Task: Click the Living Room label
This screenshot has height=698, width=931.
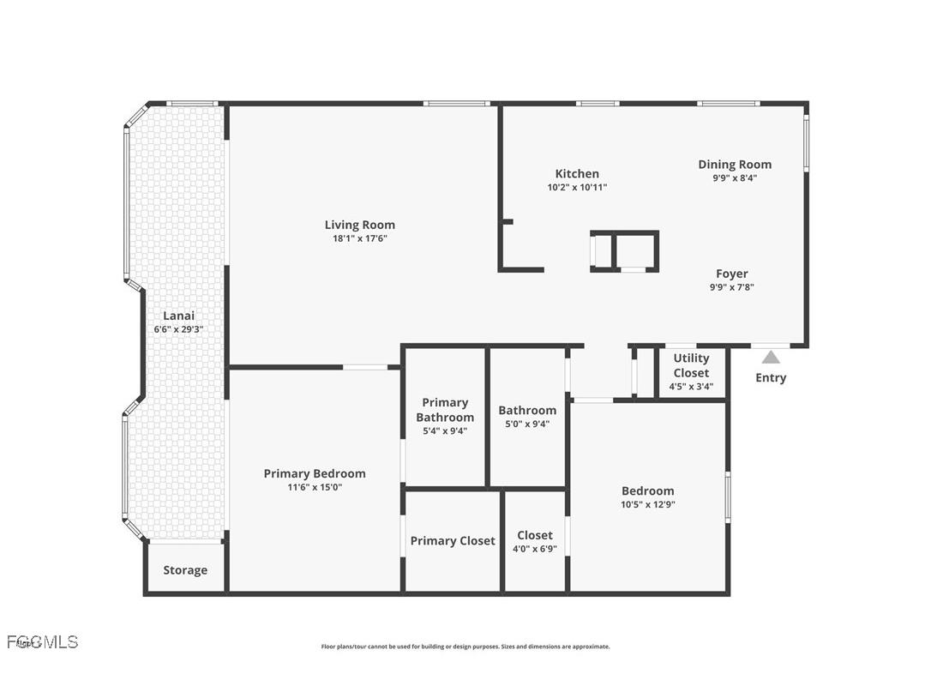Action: (x=359, y=225)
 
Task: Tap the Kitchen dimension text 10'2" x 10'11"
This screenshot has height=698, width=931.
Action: (x=577, y=187)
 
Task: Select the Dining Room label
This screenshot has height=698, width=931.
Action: (x=734, y=164)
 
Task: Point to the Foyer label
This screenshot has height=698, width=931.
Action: (x=731, y=274)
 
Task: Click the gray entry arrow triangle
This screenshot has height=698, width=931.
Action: (x=771, y=357)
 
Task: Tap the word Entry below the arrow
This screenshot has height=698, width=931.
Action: (x=770, y=377)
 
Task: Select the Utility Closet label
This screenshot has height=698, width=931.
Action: (x=691, y=365)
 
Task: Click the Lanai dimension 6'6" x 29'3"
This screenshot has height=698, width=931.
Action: (x=178, y=329)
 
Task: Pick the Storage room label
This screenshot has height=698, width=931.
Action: (x=185, y=569)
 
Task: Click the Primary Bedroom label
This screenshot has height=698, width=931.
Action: (x=314, y=473)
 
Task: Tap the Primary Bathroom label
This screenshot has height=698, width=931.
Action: (x=445, y=409)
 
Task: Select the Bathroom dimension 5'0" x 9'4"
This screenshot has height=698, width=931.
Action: (x=527, y=424)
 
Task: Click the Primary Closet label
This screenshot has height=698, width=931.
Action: (x=452, y=540)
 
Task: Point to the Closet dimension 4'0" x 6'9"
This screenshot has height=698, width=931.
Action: (x=534, y=549)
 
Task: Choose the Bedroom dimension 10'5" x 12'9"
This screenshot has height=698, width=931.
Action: (x=647, y=504)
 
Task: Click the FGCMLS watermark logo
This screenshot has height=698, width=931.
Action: (x=42, y=641)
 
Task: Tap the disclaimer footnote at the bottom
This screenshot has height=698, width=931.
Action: (x=465, y=647)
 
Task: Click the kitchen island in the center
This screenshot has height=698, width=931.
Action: (x=624, y=251)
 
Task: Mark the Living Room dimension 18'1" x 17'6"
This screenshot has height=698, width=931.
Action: (x=359, y=238)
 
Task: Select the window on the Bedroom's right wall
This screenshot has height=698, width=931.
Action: (x=727, y=496)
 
